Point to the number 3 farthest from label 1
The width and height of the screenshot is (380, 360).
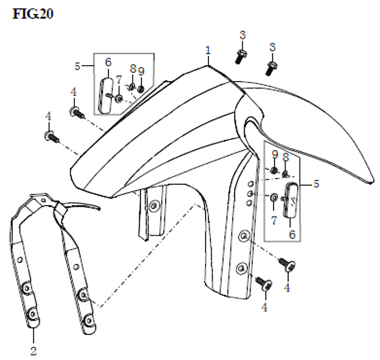[272, 47]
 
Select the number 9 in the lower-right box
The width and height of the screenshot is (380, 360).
[274, 155]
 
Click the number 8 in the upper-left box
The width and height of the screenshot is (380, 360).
[133, 69]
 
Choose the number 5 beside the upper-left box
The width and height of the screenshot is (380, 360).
[77, 66]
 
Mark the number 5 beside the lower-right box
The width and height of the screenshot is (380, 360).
[316, 184]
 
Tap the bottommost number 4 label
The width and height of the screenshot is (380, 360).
[264, 307]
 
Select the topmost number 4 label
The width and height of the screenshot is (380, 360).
[74, 92]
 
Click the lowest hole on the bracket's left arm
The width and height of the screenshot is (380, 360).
[32, 313]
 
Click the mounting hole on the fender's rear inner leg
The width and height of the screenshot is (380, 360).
[155, 205]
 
